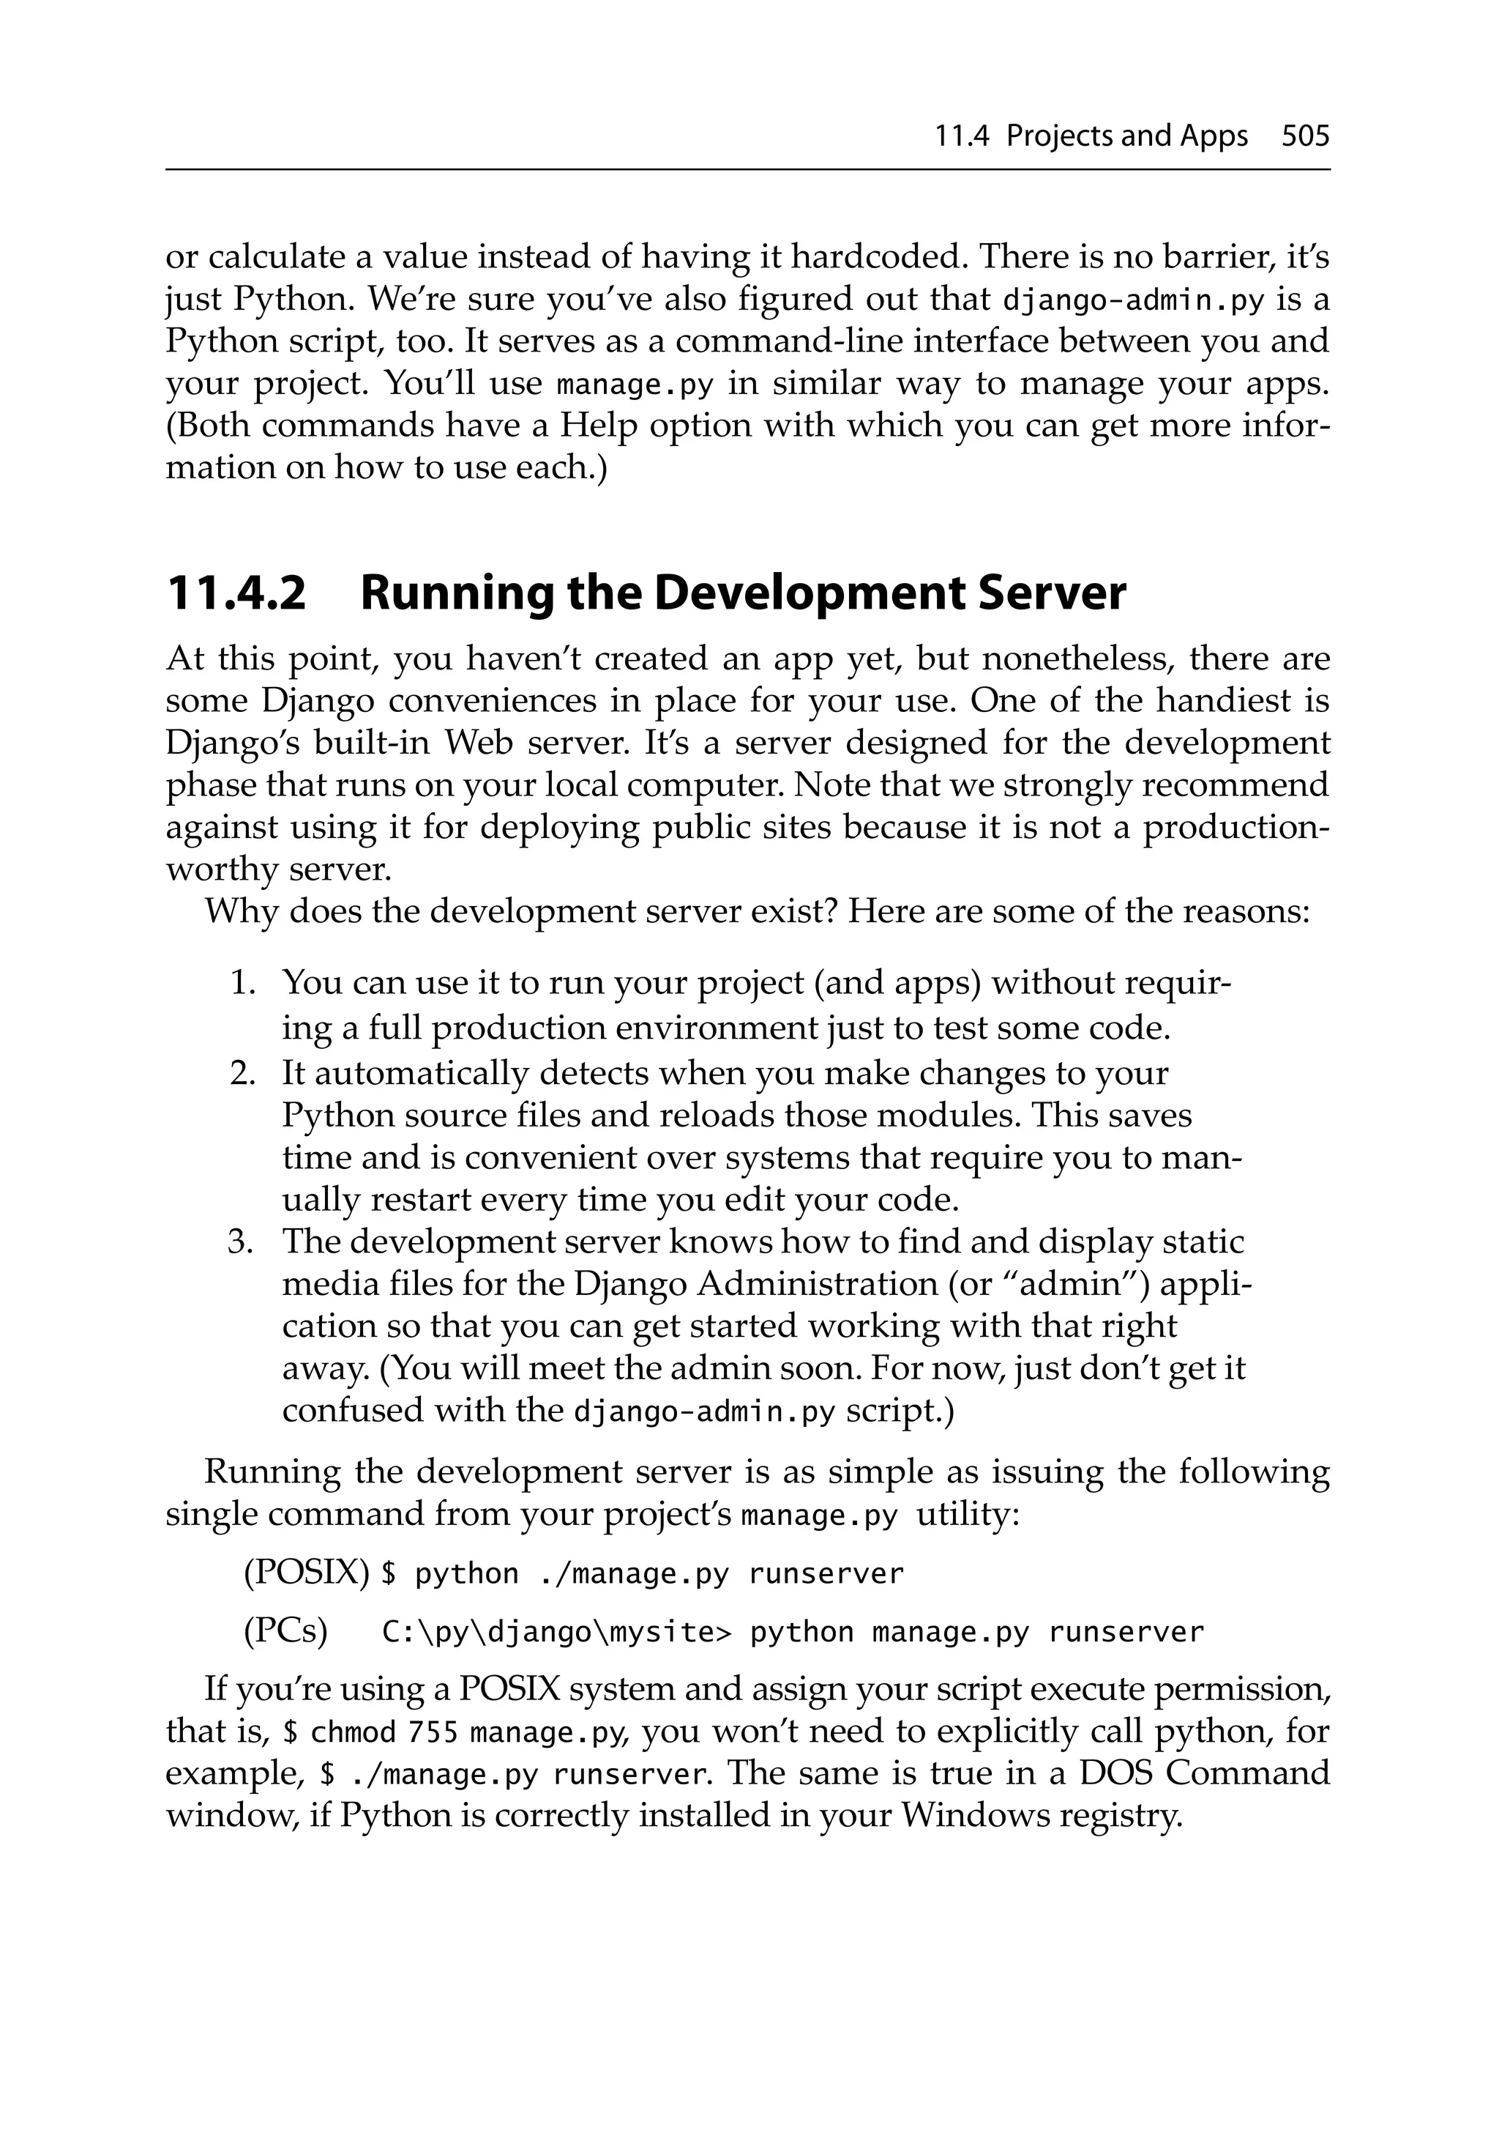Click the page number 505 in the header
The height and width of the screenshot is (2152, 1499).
click(1304, 137)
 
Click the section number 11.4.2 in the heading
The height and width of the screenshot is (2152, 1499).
click(236, 593)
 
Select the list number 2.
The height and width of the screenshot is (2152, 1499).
click(243, 1073)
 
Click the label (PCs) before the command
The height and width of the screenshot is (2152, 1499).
click(285, 1632)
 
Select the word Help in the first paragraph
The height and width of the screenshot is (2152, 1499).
click(599, 426)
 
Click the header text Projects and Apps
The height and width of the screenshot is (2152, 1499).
click(1126, 137)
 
